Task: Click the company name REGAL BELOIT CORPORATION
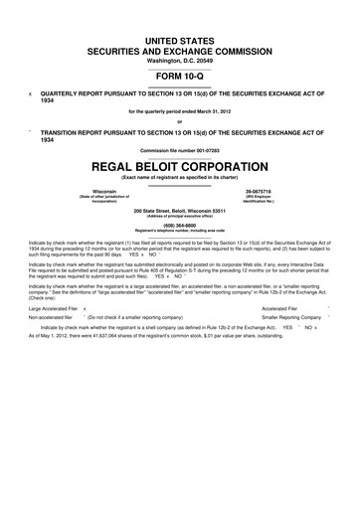point(180,164)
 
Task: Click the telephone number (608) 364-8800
point(180,224)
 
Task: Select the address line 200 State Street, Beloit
point(180,209)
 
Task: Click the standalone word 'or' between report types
point(180,121)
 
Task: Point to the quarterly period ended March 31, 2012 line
point(180,110)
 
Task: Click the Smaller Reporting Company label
point(295,324)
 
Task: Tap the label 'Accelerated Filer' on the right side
point(281,309)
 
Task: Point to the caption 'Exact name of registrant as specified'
point(180,175)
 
